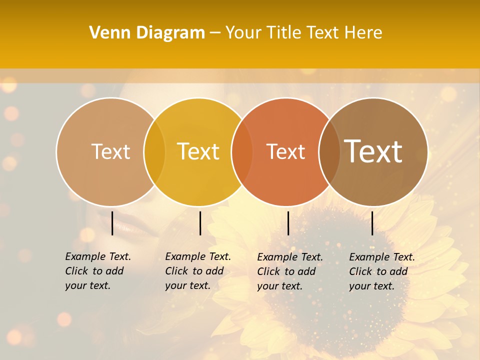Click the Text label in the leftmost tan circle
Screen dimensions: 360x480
pyautogui.click(x=110, y=151)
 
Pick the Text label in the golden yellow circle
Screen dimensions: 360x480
pyautogui.click(x=198, y=151)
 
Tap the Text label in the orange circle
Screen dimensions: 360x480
pyautogui.click(x=286, y=151)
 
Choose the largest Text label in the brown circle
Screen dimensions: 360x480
pyautogui.click(x=373, y=151)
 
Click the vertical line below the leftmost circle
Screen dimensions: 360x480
pyautogui.click(x=112, y=223)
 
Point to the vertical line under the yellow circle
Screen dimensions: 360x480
pyautogui.click(x=200, y=223)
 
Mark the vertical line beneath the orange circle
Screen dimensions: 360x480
pyautogui.click(x=288, y=223)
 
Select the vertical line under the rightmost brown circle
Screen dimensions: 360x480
pyautogui.click(x=372, y=223)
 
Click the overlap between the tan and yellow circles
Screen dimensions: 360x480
pyautogui.click(x=154, y=152)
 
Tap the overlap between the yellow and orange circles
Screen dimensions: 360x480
pyautogui.click(x=242, y=152)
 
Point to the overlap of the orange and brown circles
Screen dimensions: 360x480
pyautogui.click(x=329, y=152)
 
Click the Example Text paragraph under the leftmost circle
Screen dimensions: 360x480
pyautogui.click(x=97, y=271)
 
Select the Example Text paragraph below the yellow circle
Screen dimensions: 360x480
pyautogui.click(x=197, y=271)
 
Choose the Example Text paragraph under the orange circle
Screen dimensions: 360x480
pyautogui.click(x=289, y=271)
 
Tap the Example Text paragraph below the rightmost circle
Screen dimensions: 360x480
pyautogui.click(x=381, y=271)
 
